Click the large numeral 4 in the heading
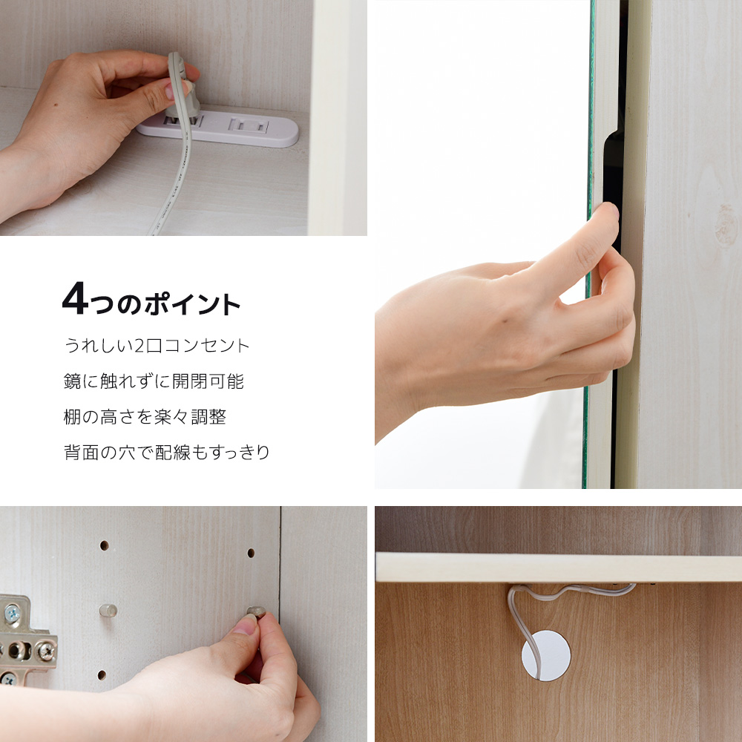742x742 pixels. [x=75, y=298]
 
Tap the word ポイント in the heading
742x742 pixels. [x=193, y=304]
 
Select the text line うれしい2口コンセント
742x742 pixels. [x=157, y=346]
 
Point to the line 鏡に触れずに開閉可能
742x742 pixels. [x=154, y=381]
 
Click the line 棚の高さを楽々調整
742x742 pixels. [x=145, y=417]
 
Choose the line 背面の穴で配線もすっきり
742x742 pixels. [x=166, y=453]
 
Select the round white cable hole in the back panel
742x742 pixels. [x=546, y=655]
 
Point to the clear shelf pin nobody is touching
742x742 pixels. [x=108, y=611]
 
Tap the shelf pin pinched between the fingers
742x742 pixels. [x=256, y=613]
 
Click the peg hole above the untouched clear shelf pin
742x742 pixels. [x=105, y=545]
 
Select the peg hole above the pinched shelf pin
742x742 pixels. [x=251, y=553]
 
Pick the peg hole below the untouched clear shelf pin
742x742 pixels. [x=102, y=674]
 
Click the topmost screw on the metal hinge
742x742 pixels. [x=13, y=614]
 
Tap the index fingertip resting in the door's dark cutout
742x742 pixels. [x=611, y=211]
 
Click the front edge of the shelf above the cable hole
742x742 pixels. [x=559, y=568]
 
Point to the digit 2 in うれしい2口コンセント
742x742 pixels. [x=139, y=346]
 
